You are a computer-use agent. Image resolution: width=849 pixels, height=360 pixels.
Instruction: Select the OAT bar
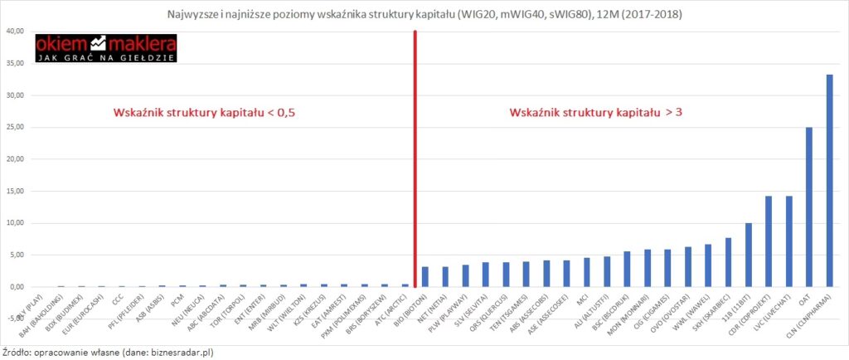click(x=809, y=207)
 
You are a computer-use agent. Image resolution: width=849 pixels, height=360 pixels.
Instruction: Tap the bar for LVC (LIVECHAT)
click(x=788, y=241)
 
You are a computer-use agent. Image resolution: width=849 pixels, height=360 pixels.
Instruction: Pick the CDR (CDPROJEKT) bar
click(x=769, y=241)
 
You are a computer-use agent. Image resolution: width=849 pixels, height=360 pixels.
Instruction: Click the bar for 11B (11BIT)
click(x=748, y=255)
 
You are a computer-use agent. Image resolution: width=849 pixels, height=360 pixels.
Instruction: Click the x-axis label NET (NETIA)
click(x=434, y=309)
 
